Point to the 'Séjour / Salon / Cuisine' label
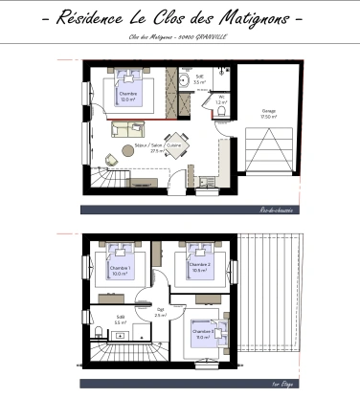tap(159, 147)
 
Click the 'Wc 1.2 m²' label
tap(220, 99)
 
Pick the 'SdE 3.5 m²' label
tap(200, 80)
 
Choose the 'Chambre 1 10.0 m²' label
tap(120, 271)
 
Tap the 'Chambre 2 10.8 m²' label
tap(200, 267)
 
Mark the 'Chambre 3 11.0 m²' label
tap(202, 334)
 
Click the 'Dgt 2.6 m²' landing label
tap(161, 312)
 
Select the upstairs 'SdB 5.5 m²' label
tap(121, 321)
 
